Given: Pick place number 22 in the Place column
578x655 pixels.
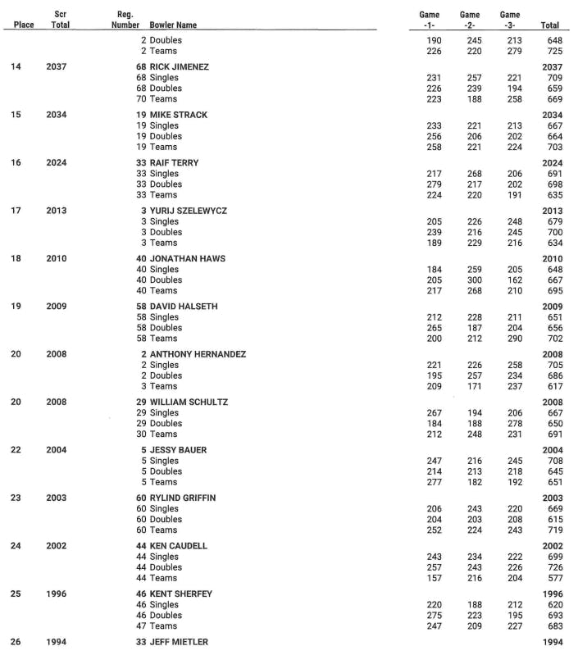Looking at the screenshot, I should pyautogui.click(x=16, y=450).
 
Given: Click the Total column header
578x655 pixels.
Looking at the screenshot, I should pyautogui.click(x=550, y=25).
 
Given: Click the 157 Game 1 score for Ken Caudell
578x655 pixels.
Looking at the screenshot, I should pyautogui.click(x=434, y=578).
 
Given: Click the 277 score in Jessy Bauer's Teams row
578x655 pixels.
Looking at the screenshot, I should pyautogui.click(x=434, y=482).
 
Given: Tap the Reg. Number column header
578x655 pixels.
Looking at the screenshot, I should pyautogui.click(x=125, y=20).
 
